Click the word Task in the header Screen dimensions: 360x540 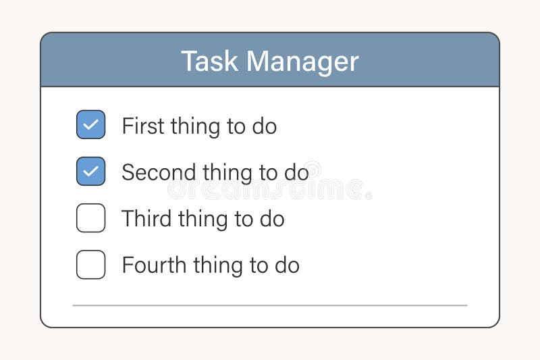coord(210,61)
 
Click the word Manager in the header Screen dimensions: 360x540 coord(302,61)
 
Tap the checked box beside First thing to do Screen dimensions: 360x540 coord(90,125)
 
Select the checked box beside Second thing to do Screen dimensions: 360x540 coord(90,172)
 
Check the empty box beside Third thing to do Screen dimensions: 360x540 coord(90,218)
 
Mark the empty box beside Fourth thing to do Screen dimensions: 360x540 coord(90,265)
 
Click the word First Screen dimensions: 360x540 coord(142,126)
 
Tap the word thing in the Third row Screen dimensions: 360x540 coord(206,220)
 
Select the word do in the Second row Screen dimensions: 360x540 coord(296,173)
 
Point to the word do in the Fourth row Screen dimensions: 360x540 coord(286,265)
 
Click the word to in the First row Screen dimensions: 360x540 coord(237,127)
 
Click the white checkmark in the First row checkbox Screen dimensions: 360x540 coord(90,125)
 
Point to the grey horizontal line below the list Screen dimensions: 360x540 coord(270,305)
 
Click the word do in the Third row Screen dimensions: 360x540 coord(271,220)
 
